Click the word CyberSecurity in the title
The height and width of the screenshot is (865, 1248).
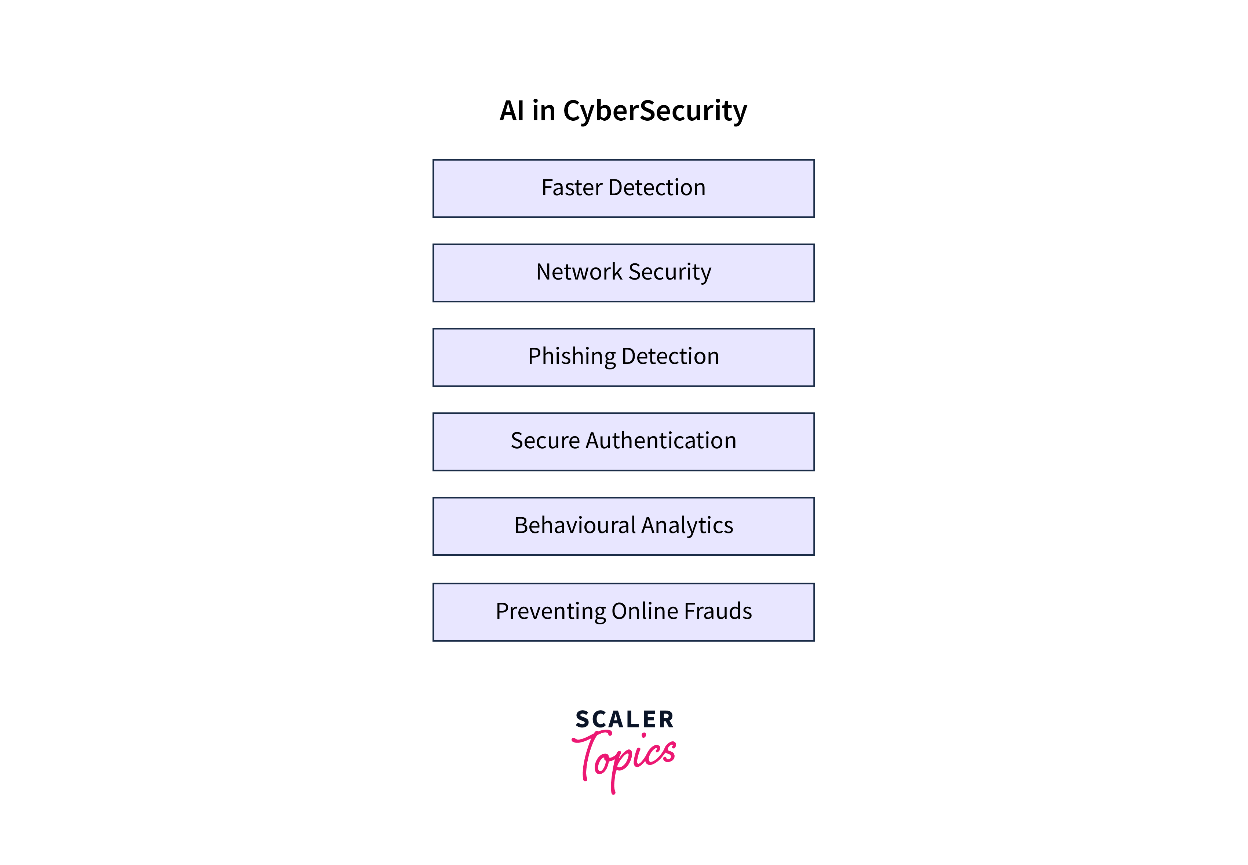coord(655,112)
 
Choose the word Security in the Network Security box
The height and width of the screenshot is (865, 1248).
coord(670,273)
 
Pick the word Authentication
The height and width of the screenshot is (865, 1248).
coord(661,441)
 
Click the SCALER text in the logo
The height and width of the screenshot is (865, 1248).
coord(625,719)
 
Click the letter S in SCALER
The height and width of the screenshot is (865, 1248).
coord(583,719)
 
